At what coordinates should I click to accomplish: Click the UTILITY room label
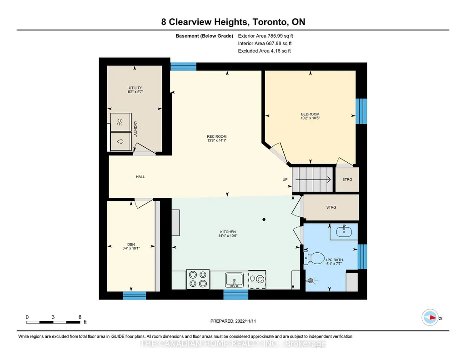pyautogui.click(x=135, y=88)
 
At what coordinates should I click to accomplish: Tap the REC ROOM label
pyautogui.click(x=217, y=137)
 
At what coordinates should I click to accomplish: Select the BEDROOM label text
pyautogui.click(x=310, y=114)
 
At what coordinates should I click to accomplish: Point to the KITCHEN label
pyautogui.click(x=228, y=232)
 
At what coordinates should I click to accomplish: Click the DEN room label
pyautogui.click(x=131, y=245)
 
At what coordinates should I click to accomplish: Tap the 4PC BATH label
pyautogui.click(x=334, y=260)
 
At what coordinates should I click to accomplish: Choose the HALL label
pyautogui.click(x=140, y=177)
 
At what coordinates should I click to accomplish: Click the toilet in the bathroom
pyautogui.click(x=314, y=258)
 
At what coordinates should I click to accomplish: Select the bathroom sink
pyautogui.click(x=344, y=232)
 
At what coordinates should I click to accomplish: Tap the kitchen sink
pyautogui.click(x=234, y=280)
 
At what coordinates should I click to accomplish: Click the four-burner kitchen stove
pyautogui.click(x=198, y=279)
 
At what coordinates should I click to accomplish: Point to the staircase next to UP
pyautogui.click(x=313, y=180)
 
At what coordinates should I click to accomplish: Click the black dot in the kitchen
pyautogui.click(x=264, y=220)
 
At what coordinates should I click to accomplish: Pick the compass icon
pyautogui.click(x=430, y=318)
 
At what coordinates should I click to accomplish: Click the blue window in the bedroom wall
pyautogui.click(x=361, y=111)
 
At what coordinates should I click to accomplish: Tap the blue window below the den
pyautogui.click(x=134, y=295)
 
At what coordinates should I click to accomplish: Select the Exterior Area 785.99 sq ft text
pyautogui.click(x=266, y=36)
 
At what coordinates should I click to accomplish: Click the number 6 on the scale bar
pyautogui.click(x=80, y=317)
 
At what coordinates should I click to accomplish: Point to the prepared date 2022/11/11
pyautogui.click(x=246, y=321)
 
